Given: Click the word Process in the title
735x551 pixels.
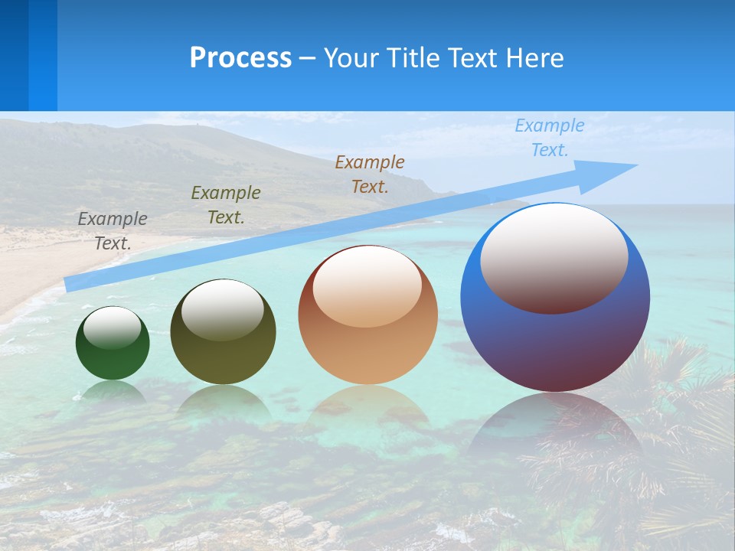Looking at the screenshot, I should tap(240, 58).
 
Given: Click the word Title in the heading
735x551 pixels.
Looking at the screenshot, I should tap(413, 58).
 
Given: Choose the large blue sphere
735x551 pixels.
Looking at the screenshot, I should tap(555, 344).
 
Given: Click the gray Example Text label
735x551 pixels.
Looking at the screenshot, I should tap(113, 231).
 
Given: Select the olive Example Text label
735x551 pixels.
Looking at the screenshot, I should tap(226, 205).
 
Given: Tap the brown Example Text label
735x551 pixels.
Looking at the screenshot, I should tap(370, 174).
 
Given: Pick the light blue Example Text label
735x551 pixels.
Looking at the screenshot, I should tap(550, 138).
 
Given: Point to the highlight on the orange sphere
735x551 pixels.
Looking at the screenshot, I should tap(367, 287).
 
